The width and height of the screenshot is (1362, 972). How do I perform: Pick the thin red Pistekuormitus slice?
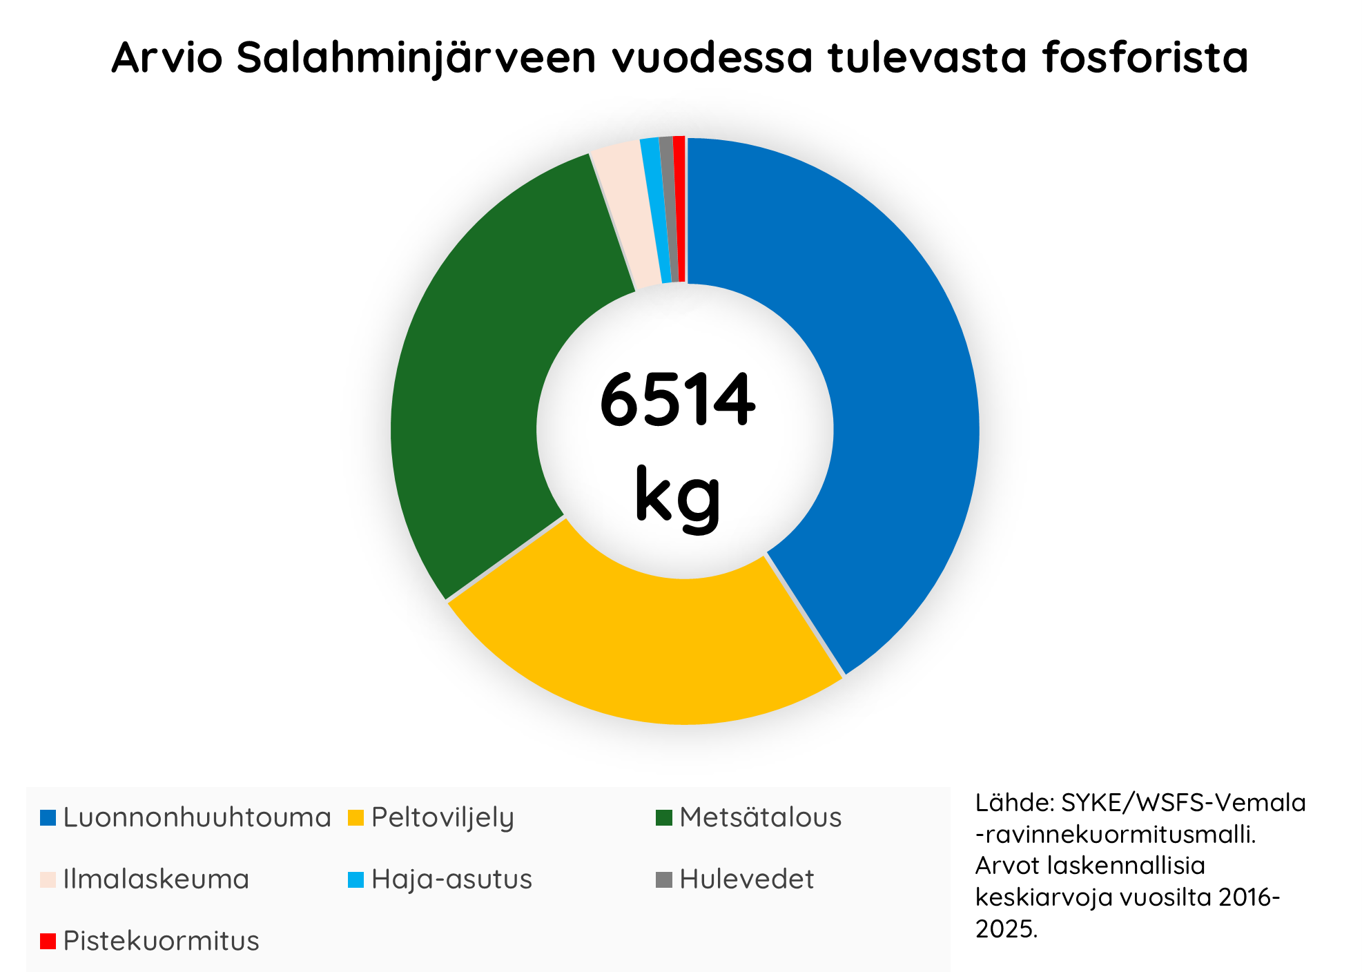click(x=680, y=207)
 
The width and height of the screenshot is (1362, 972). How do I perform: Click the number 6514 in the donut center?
click(x=677, y=400)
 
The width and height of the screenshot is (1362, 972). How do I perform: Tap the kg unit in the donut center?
click(x=677, y=496)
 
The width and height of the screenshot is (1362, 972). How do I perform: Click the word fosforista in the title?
click(x=1145, y=57)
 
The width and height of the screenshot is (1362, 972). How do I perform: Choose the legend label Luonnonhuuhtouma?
click(x=197, y=817)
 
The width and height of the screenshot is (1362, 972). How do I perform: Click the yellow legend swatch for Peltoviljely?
click(x=356, y=817)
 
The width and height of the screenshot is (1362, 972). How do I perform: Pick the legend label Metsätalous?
click(x=760, y=817)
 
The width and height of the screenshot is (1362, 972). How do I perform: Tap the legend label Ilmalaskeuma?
click(x=156, y=879)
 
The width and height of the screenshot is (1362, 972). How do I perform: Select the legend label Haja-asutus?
click(x=451, y=879)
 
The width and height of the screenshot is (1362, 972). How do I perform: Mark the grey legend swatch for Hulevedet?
click(x=663, y=879)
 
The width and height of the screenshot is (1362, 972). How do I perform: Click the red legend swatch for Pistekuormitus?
click(x=48, y=941)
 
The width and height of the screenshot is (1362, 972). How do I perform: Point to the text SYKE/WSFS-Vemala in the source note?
click(x=1183, y=803)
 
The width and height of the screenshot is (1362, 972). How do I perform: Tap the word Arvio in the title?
click(x=166, y=57)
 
